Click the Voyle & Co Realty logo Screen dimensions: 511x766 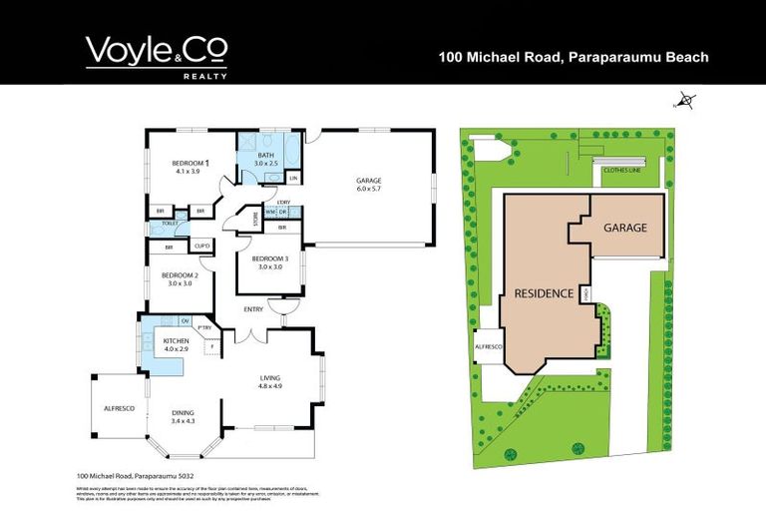157,56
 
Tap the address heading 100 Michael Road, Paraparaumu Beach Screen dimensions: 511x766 574,58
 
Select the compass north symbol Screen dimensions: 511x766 686,99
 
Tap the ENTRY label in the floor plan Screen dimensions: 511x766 254,309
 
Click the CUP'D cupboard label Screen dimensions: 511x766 201,246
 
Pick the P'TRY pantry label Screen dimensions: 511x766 206,327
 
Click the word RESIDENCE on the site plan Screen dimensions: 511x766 544,293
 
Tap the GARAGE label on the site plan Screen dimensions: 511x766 625,228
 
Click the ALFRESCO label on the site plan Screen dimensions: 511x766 490,346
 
